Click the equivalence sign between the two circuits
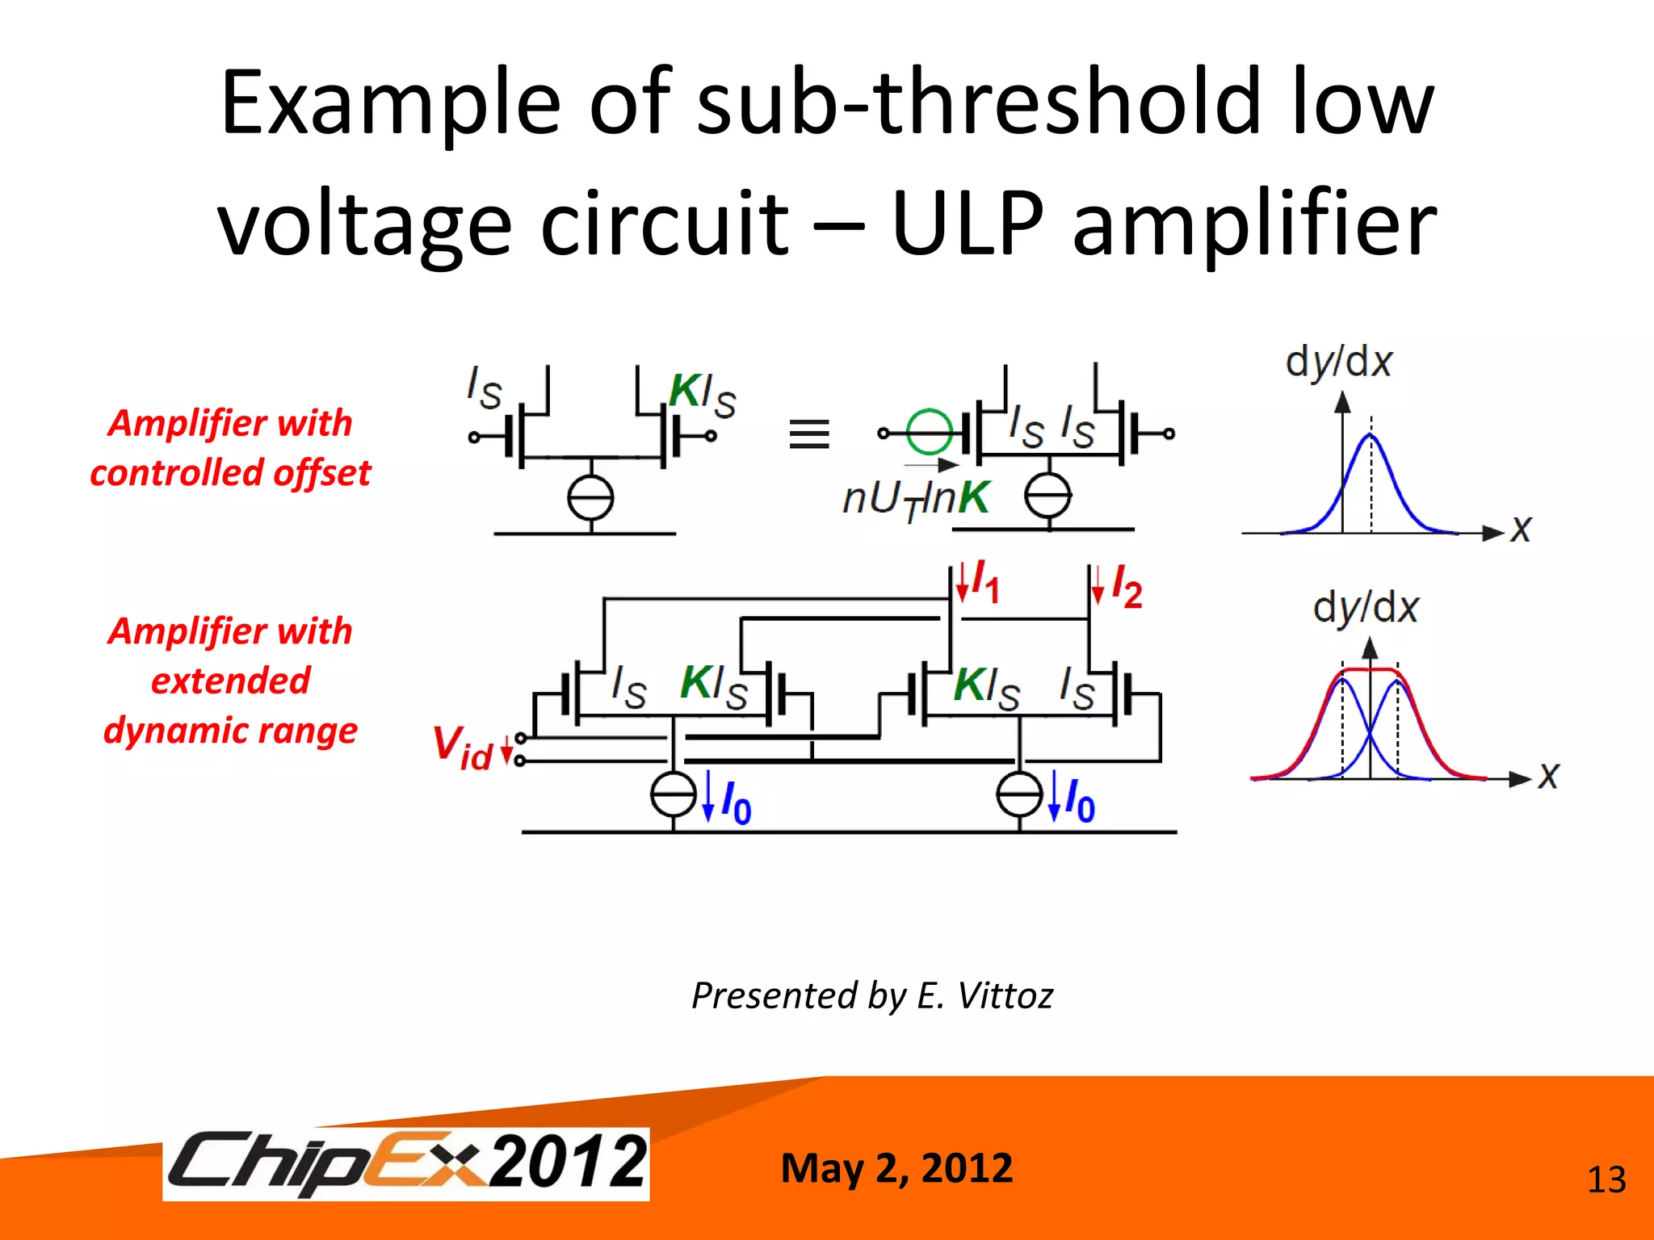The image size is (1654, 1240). coord(808,434)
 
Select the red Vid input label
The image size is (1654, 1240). coord(462,747)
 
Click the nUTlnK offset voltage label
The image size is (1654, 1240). coord(915,498)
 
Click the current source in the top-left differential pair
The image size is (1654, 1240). coord(590,498)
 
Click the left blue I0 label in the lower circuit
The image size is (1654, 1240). coord(736,802)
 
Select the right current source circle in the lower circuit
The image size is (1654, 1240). coord(1019,794)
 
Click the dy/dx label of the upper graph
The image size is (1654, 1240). coord(1338,362)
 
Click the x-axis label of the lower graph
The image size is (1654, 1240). coord(1547,776)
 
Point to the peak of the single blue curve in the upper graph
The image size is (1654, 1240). coord(1371,436)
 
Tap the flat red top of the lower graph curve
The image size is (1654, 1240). coord(1371,669)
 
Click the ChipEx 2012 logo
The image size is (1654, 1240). coord(406,1163)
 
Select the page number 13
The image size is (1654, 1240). coord(1606,1180)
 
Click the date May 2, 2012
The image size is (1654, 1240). coord(896,1168)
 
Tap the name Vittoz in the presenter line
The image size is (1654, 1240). coord(1005,995)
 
